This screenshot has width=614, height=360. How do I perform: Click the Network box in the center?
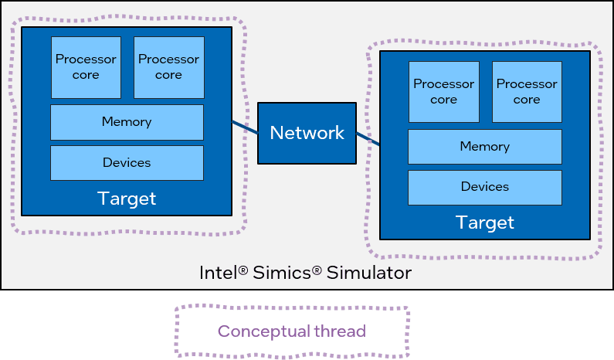[x=307, y=133]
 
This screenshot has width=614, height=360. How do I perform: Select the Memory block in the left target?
[x=127, y=122]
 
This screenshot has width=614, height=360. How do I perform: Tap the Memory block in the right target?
[x=484, y=147]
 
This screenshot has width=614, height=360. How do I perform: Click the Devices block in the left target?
[x=127, y=162]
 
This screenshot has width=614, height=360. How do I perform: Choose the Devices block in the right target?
[x=484, y=187]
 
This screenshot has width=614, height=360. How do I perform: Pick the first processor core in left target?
[x=86, y=67]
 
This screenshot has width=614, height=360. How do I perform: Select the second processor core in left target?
[x=168, y=67]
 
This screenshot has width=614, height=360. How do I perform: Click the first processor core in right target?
[x=443, y=92]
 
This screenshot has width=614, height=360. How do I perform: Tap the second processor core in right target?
[x=527, y=92]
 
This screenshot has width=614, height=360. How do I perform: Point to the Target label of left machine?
[x=127, y=199]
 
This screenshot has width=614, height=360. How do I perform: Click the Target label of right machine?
[x=484, y=223]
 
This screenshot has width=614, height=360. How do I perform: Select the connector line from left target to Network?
[x=245, y=127]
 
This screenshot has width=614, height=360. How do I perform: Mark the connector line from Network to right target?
[x=368, y=138]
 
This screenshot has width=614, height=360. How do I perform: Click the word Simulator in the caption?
[x=370, y=273]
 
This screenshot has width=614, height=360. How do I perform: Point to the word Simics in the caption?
[x=280, y=273]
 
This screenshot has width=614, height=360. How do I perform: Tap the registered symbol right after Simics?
[x=317, y=270]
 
